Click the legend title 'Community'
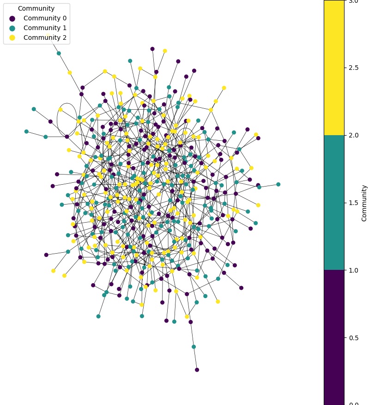pos(36,8)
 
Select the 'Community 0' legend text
pos(45,18)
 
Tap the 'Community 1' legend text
pos(45,28)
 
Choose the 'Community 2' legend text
pos(45,37)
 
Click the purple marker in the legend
pos(12,19)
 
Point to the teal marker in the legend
pos(12,28)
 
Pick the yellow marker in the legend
pos(12,38)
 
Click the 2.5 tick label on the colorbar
pos(353,68)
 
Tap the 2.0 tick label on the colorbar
pos(353,135)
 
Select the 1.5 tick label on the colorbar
pos(353,203)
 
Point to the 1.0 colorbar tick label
pos(353,270)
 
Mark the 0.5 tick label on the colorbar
pos(353,337)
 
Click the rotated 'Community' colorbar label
pos(364,203)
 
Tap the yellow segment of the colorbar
pos(334,68)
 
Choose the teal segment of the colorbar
pos(334,203)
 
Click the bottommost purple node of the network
pos(197,370)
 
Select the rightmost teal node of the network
pos(278,184)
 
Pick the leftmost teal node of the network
pos(26,131)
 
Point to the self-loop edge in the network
pos(67,113)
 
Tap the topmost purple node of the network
pos(152,49)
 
